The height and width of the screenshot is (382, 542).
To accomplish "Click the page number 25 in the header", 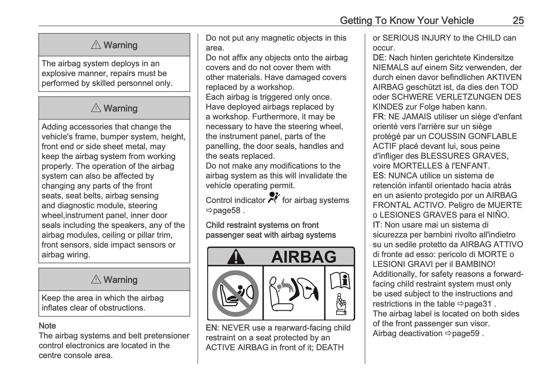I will (x=518, y=20).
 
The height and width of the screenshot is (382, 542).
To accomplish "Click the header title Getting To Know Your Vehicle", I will (x=407, y=20).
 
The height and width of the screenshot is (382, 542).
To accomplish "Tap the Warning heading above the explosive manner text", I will (x=114, y=45).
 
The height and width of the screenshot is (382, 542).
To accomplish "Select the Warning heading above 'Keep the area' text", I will (x=114, y=280).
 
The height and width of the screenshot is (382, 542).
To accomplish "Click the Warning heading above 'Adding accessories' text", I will (x=114, y=108).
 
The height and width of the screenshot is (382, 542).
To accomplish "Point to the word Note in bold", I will (x=47, y=326).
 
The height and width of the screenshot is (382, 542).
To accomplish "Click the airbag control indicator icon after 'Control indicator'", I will (x=274, y=197).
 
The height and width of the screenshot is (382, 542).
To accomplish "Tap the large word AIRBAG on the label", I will (x=303, y=257).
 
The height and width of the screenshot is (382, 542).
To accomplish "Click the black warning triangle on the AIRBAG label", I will (x=236, y=257).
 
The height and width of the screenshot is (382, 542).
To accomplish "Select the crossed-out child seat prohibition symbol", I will (x=235, y=293).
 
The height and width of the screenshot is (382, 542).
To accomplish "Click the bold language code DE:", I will (x=379, y=58).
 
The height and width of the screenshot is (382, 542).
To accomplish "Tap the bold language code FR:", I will (x=379, y=117).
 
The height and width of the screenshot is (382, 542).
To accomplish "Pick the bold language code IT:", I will (x=377, y=225).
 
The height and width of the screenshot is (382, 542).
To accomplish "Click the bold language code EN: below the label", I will (x=212, y=328).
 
